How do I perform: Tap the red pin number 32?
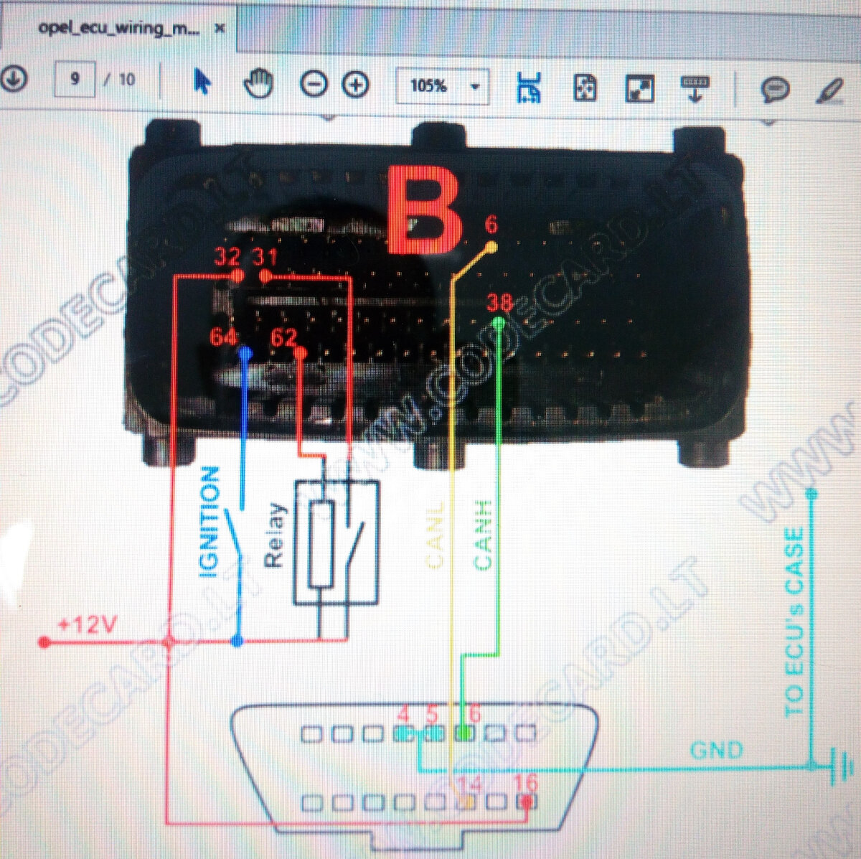click(228, 258)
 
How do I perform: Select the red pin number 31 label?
click(265, 258)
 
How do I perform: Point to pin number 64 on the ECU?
click(224, 337)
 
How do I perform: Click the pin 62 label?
click(283, 337)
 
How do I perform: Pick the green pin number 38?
click(499, 303)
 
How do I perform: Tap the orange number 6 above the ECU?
click(491, 225)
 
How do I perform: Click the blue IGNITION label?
click(209, 522)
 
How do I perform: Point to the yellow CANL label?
click(436, 535)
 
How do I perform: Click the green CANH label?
click(483, 535)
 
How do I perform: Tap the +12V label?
click(87, 624)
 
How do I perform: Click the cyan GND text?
click(716, 751)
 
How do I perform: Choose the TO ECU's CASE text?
click(794, 621)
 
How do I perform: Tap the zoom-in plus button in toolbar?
click(355, 85)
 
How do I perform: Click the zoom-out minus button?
click(313, 85)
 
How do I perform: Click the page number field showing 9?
click(75, 79)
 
